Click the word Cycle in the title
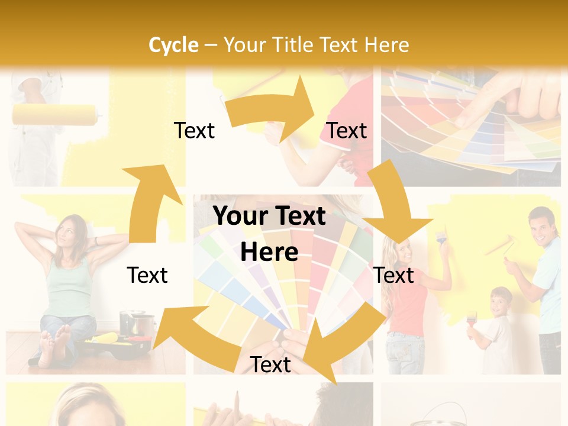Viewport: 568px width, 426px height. tap(173, 45)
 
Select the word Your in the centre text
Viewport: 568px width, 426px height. tap(241, 217)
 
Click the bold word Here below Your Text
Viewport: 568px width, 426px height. tap(269, 253)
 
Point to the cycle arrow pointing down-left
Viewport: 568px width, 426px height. tap(343, 337)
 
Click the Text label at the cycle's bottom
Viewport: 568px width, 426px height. tap(270, 365)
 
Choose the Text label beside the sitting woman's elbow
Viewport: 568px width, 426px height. tap(147, 275)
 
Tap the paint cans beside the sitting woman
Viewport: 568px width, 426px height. tap(137, 324)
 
